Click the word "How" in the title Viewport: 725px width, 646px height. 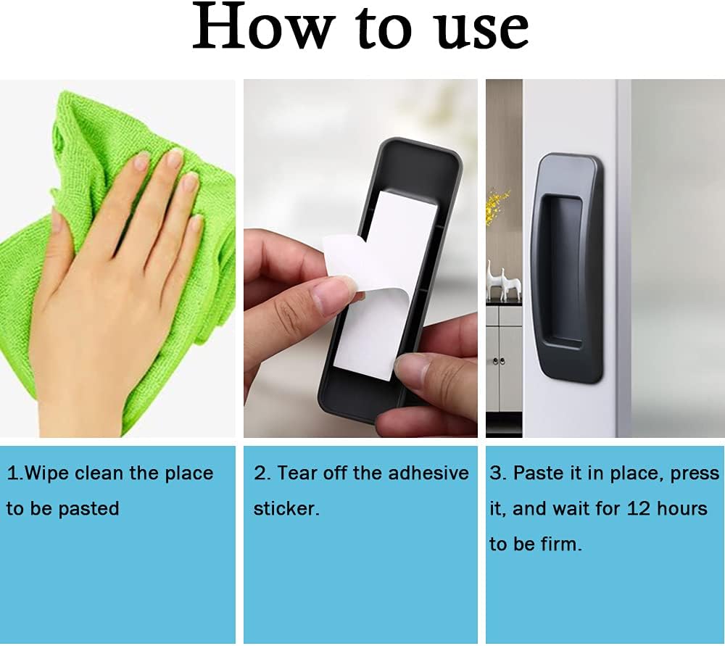coord(264,27)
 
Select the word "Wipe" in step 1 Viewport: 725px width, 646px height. coord(46,473)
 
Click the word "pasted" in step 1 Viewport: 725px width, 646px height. coord(88,509)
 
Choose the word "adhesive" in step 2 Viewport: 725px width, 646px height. coord(428,473)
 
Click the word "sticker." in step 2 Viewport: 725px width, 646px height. coord(286,509)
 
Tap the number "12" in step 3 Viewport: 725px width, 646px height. coord(639,509)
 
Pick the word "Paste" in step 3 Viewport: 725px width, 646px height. coord(536,473)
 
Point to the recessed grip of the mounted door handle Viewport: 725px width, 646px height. coord(561,271)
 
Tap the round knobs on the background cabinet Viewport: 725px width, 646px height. coord(499,360)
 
